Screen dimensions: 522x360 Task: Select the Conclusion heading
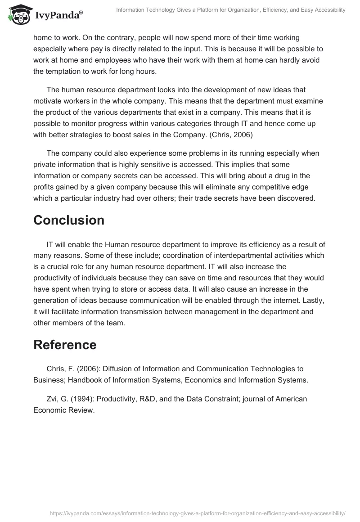click(x=69, y=220)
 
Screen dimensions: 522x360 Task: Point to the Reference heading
click(x=65, y=345)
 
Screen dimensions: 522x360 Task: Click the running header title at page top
click(x=231, y=10)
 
